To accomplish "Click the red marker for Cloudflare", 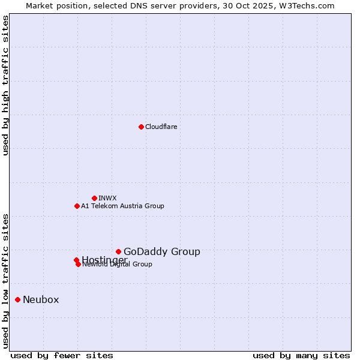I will (141, 127).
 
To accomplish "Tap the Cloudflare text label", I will (161, 127).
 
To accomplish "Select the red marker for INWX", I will (94, 198).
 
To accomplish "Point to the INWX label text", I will (107, 198).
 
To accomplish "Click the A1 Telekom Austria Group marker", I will (77, 206).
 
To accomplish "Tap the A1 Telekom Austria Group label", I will (122, 206).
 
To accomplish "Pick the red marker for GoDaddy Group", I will (118, 251).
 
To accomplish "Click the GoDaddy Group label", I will (161, 251).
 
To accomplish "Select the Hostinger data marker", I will (76, 260).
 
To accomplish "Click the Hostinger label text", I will (104, 259).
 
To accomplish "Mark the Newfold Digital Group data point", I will (78, 264).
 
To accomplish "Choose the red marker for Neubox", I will (17, 299).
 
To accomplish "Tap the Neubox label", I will (41, 299).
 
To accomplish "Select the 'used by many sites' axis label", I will (301, 355).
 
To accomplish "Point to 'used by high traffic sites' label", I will (5, 85).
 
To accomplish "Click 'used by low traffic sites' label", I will (5, 280).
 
